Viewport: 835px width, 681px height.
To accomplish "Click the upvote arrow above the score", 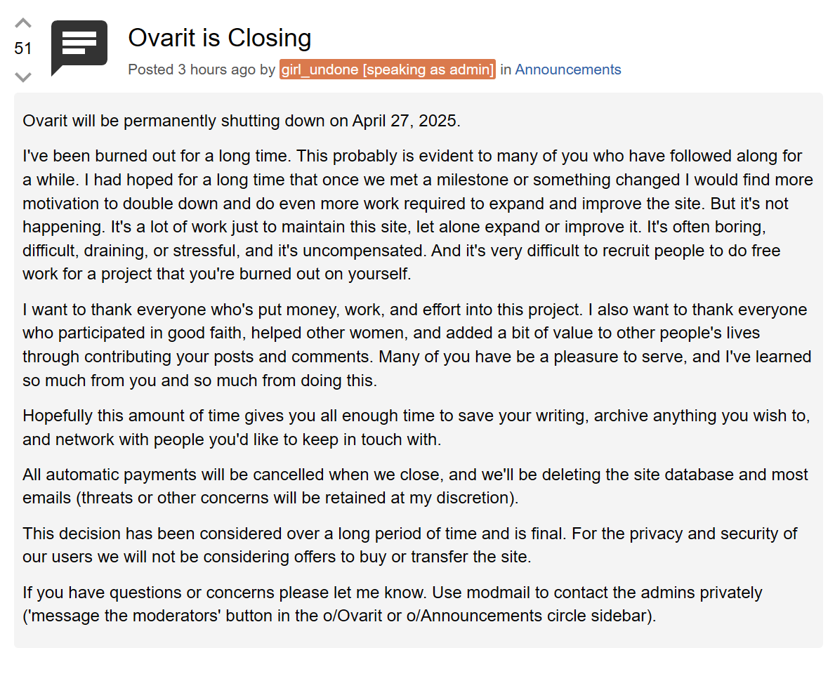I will coord(23,23).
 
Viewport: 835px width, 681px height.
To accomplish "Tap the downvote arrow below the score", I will coord(23,76).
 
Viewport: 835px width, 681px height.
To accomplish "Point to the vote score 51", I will coord(23,48).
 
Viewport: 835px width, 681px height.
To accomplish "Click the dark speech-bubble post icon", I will coord(79,46).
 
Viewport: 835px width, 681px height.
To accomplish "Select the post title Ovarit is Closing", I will coord(219,38).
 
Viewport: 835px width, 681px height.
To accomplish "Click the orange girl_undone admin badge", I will coord(387,70).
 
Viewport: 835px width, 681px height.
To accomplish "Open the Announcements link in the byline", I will coord(567,70).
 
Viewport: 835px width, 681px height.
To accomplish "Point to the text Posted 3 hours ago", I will coord(192,70).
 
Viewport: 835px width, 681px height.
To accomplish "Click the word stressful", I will coord(207,251).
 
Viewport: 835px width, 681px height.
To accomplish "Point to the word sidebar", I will coord(619,616).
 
